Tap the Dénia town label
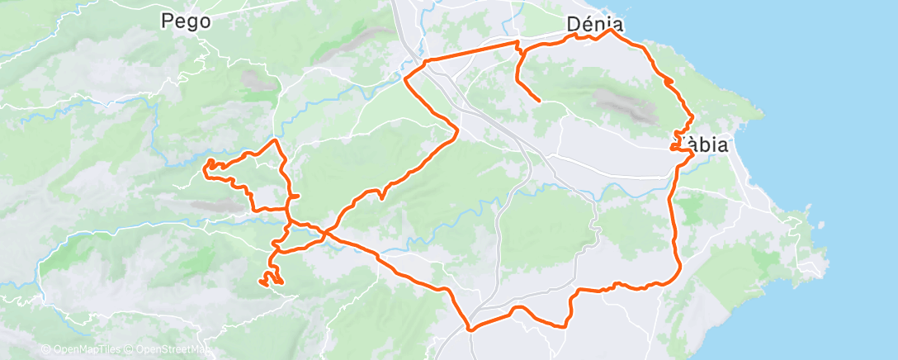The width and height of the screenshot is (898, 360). click(594, 25)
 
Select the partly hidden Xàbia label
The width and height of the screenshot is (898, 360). click(707, 146)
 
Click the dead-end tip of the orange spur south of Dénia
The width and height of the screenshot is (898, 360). click(539, 101)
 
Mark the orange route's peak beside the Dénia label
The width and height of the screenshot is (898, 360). click(611, 31)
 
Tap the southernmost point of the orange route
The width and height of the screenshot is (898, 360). click(470, 329)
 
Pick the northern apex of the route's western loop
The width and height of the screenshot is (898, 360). click(275, 141)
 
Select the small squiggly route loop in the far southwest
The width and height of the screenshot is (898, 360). click(271, 278)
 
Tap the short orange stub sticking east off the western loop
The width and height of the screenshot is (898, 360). click(295, 196)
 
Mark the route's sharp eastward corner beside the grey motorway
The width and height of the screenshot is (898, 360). click(456, 130)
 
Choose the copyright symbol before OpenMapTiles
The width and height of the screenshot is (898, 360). click(46, 350)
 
